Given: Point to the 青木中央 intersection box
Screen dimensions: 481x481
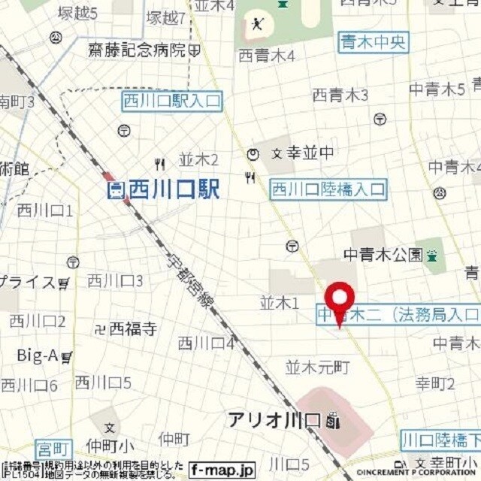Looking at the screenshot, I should (x=373, y=41).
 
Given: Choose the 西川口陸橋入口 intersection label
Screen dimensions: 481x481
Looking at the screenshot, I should (x=328, y=189).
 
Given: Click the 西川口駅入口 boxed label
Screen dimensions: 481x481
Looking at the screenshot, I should (x=173, y=101).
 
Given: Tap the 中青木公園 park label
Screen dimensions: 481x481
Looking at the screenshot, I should (x=383, y=255).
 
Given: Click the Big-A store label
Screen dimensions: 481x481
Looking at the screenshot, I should (x=38, y=356).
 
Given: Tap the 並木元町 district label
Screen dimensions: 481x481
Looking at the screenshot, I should (x=318, y=368).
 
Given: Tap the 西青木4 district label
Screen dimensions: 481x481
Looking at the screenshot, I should (x=267, y=56).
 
